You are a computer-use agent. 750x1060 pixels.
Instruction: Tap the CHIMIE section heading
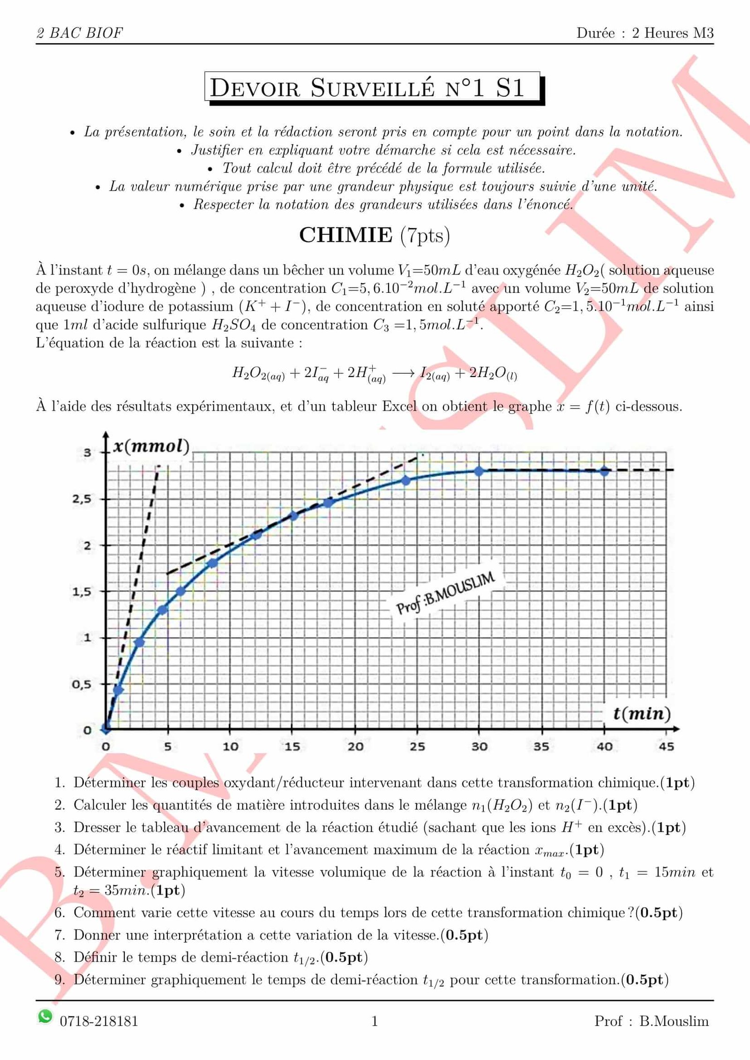(345, 235)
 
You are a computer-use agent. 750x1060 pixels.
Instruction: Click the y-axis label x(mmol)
(151, 446)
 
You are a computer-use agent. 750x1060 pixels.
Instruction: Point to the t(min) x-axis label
(642, 713)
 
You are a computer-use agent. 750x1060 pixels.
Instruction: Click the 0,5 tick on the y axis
(82, 684)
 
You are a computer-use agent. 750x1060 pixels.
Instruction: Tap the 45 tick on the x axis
(666, 746)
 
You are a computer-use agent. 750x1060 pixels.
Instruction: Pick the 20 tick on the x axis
(355, 746)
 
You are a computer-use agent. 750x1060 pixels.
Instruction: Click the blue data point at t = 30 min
(479, 471)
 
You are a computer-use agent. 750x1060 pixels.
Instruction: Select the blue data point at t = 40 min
(604, 471)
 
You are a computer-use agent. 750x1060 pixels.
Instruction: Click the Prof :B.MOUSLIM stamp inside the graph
(445, 593)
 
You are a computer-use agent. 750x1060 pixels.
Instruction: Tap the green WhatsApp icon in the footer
(45, 1016)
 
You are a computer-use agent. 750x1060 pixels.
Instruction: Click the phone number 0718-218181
(99, 1021)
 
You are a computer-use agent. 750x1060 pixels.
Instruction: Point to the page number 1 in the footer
(375, 1021)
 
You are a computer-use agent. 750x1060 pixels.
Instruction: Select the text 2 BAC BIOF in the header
(80, 33)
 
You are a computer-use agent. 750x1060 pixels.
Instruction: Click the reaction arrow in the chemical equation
(403, 373)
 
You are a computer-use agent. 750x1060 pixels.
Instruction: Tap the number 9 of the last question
(59, 979)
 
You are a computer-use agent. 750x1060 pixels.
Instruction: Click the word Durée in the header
(595, 33)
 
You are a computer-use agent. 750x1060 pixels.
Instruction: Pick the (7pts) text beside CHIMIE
(425, 235)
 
